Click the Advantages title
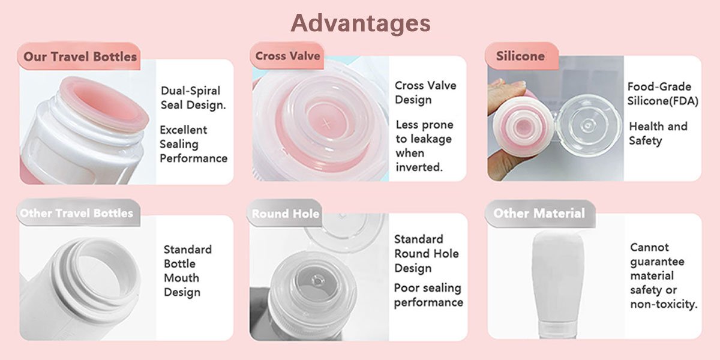pos(361,23)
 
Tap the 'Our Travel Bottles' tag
pos(79,56)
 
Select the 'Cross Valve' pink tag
pos(287,56)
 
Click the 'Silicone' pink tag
pos(521,56)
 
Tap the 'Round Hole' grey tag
pos(285,213)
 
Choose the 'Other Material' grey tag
pos(539,214)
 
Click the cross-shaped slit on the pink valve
pos(326,123)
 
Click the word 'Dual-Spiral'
pos(190,91)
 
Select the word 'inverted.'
pos(419,167)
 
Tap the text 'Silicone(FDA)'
pos(663,101)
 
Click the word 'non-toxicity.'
pos(664,304)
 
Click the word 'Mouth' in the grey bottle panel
pos(181,278)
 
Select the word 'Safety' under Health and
pos(646,141)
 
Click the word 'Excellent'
pos(183,130)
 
